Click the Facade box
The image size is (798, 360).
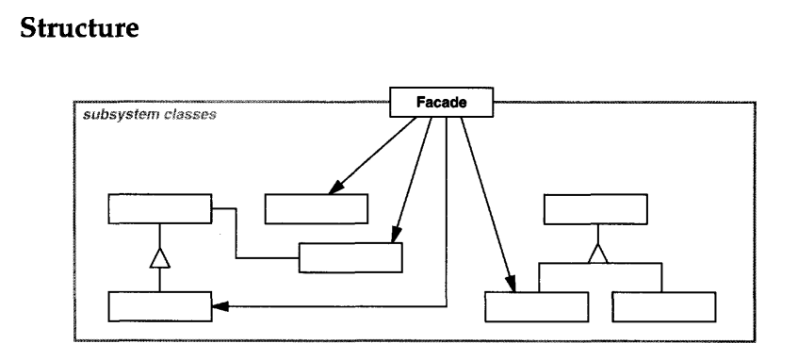tap(441, 103)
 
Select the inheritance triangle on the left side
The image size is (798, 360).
tap(159, 254)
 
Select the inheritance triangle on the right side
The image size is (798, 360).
tap(595, 252)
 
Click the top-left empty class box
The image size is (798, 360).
tap(159, 208)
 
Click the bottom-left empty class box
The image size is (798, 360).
tap(159, 306)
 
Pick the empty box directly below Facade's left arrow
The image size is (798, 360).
tap(316, 208)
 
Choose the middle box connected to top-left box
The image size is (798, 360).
tap(350, 257)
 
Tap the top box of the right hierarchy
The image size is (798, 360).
tap(596, 209)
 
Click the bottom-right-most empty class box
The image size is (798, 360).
tap(663, 307)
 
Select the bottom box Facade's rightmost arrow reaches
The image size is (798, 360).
tap(536, 307)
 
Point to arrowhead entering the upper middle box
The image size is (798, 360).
tap(333, 189)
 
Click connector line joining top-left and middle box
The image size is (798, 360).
tap(236, 236)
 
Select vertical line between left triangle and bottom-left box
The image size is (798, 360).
tap(159, 278)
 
